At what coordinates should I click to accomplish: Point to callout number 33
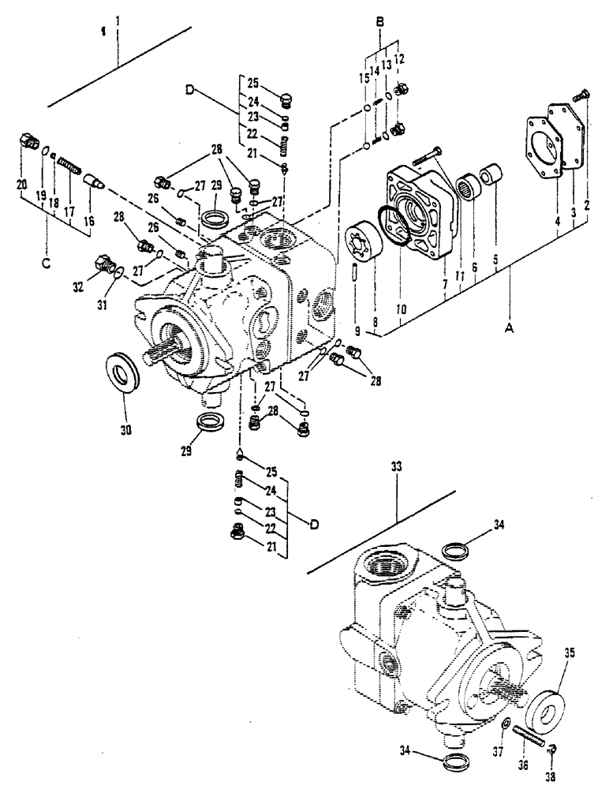pyautogui.click(x=397, y=468)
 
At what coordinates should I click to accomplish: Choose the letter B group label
pyautogui.click(x=380, y=23)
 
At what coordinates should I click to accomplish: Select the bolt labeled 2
pyautogui.click(x=584, y=94)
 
